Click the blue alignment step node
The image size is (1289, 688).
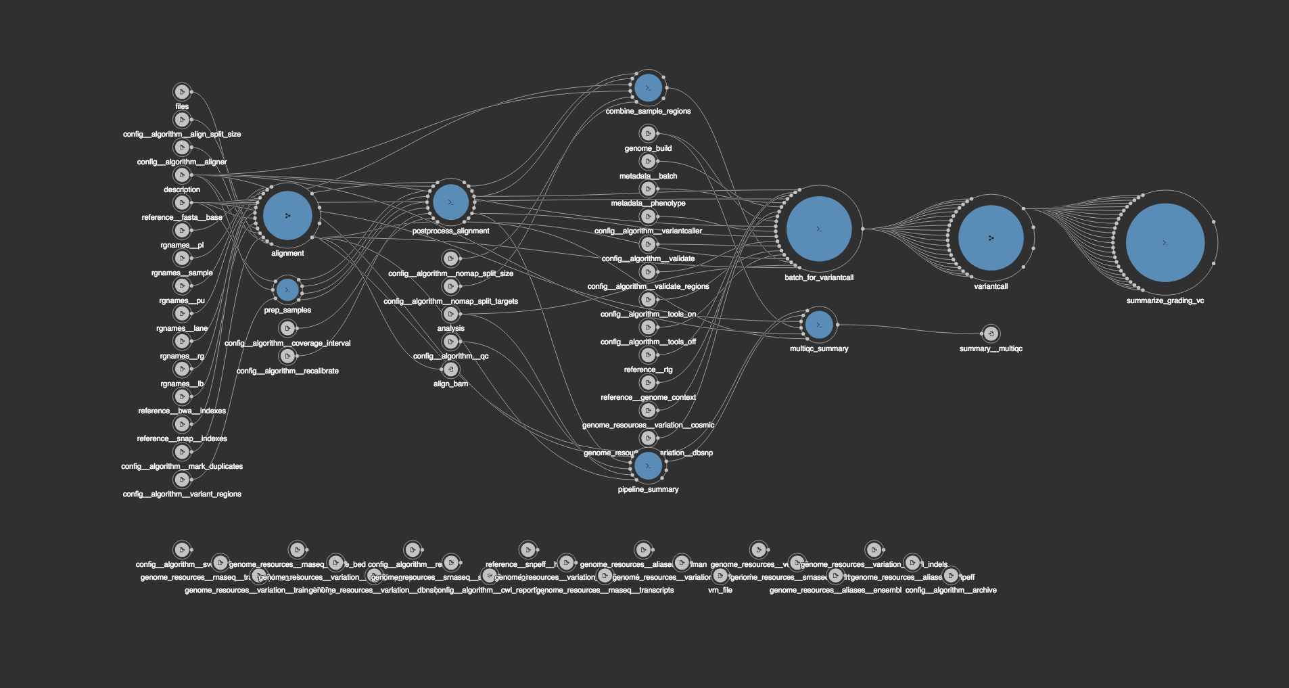pyautogui.click(x=287, y=215)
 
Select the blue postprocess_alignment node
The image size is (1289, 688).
pyautogui.click(x=450, y=202)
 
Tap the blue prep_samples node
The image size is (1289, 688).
pyautogui.click(x=287, y=290)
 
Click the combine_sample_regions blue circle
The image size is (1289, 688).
pyautogui.click(x=648, y=88)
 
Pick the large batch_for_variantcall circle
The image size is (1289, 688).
pyautogui.click(x=819, y=229)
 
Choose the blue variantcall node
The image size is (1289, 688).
pyautogui.click(x=991, y=237)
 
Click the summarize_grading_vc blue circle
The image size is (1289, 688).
pyautogui.click(x=1165, y=242)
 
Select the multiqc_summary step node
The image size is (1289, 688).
pyautogui.click(x=819, y=325)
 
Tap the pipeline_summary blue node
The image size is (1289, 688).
pyautogui.click(x=648, y=465)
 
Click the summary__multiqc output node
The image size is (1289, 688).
pyautogui.click(x=991, y=334)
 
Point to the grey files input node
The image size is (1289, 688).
pyautogui.click(x=181, y=91)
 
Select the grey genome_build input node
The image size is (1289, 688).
pyautogui.click(x=648, y=133)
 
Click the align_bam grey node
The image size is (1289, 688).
pyautogui.click(x=450, y=369)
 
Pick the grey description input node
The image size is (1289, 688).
pyautogui.click(x=181, y=175)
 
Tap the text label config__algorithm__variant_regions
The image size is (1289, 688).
pyautogui.click(x=182, y=494)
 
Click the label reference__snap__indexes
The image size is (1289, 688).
pyautogui.click(x=182, y=438)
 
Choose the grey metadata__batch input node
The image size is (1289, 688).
pyautogui.click(x=648, y=161)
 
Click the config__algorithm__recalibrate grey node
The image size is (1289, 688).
pyautogui.click(x=287, y=356)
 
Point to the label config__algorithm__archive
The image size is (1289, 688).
pyautogui.click(x=951, y=590)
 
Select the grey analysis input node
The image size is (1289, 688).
pyautogui.click(x=450, y=314)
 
